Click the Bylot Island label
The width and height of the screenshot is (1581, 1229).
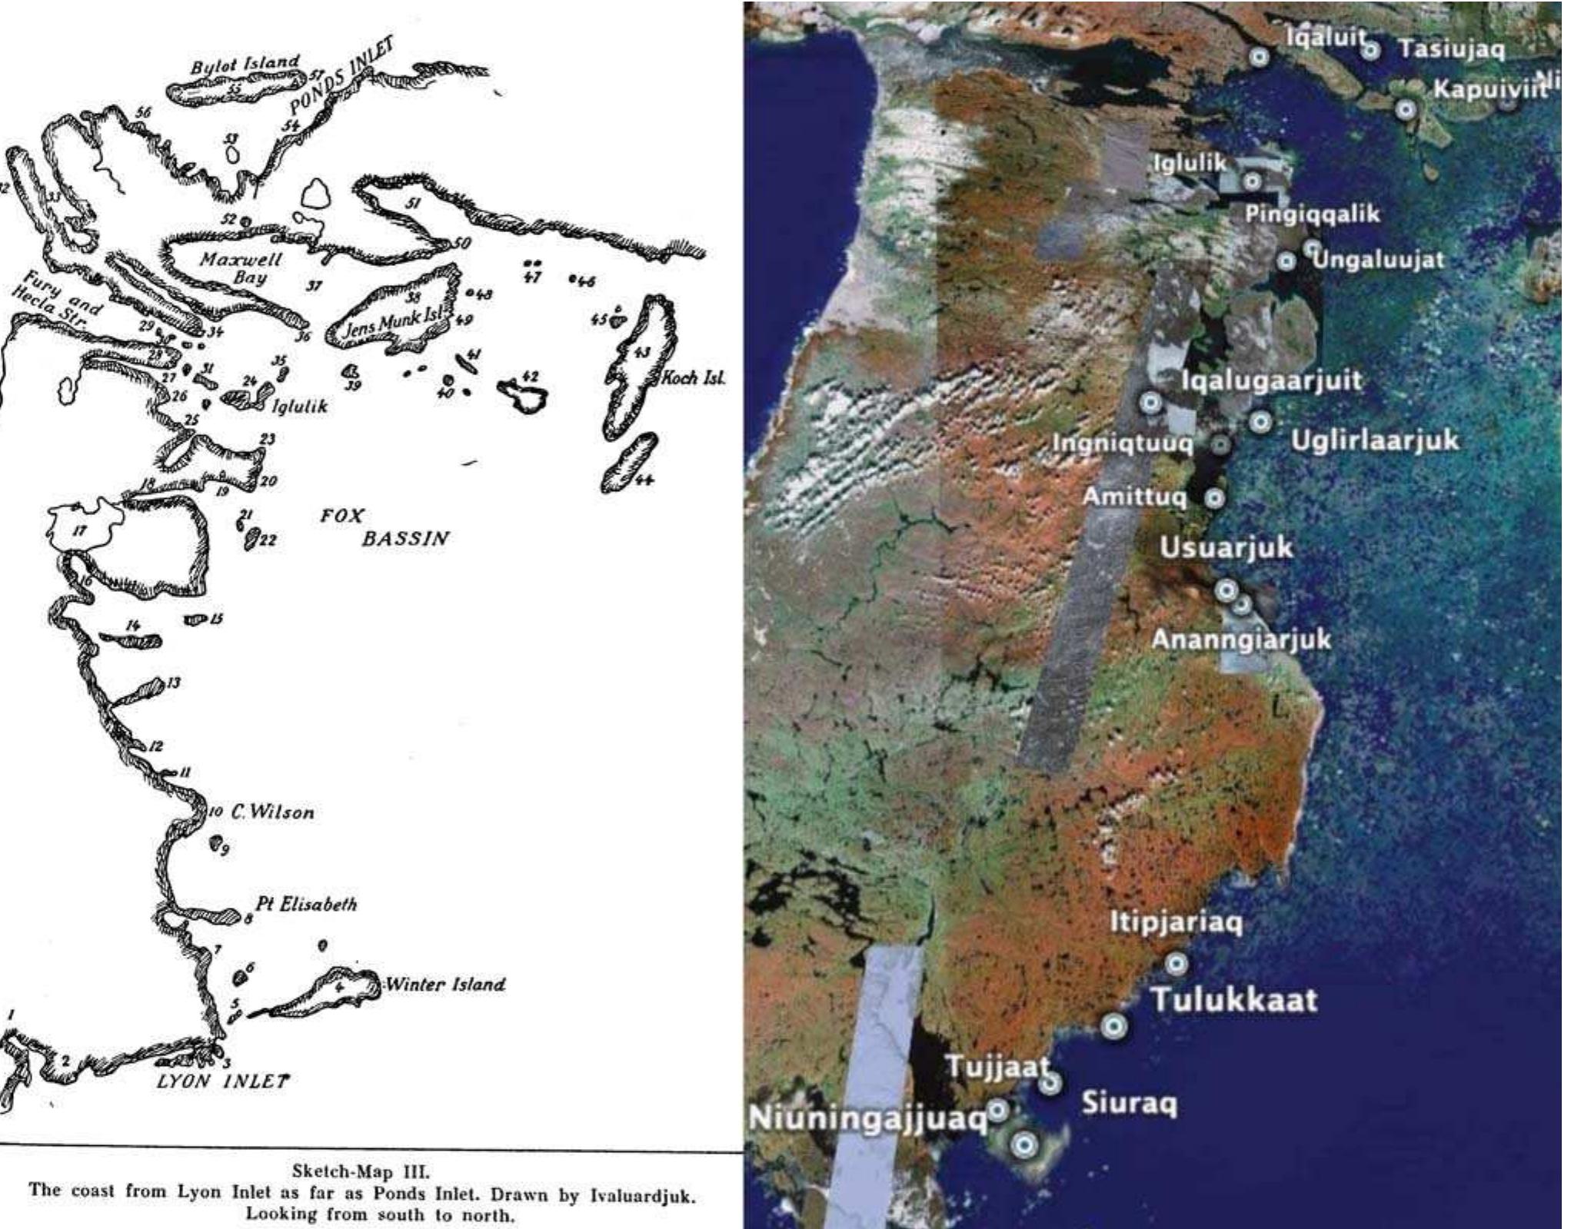point(245,65)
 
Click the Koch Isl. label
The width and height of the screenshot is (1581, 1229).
point(694,378)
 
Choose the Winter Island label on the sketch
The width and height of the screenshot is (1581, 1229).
point(445,984)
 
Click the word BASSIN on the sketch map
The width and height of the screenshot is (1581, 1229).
point(405,538)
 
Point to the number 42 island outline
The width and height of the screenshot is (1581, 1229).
point(523,394)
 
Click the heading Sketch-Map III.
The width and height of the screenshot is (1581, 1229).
point(361,1172)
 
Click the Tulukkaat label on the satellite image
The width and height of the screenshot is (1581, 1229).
point(1233,1000)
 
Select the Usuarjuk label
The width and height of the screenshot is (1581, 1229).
point(1226,549)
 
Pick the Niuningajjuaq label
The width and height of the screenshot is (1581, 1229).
point(867,1119)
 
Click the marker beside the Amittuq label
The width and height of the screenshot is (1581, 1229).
point(1214,498)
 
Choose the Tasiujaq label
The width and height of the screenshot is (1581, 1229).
point(1450,50)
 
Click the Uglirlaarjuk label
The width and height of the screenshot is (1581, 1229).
point(1374,440)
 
